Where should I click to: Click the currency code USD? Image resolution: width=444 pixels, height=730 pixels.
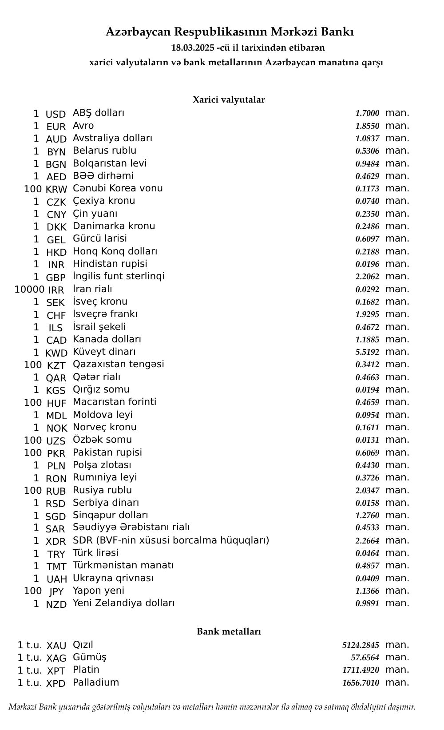click(x=55, y=114)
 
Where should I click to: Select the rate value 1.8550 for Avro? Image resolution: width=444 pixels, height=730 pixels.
click(x=367, y=126)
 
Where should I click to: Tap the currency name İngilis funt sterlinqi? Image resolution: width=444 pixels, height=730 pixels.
click(x=119, y=276)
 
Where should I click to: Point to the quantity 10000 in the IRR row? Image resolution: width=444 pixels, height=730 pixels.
click(x=29, y=290)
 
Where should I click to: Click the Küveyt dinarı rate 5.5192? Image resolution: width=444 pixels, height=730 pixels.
click(x=367, y=352)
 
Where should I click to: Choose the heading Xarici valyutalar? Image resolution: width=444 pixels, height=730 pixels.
click(x=229, y=99)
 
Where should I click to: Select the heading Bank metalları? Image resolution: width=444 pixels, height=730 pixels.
click(x=229, y=631)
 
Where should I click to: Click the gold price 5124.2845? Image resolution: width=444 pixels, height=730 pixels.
click(x=361, y=645)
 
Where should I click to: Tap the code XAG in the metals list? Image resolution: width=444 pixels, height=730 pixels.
click(x=56, y=658)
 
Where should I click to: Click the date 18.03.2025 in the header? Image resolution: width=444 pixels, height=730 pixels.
click(x=193, y=48)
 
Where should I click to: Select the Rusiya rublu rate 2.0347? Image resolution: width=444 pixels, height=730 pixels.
click(x=367, y=491)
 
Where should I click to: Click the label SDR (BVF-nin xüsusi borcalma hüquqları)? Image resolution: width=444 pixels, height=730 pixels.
click(x=171, y=540)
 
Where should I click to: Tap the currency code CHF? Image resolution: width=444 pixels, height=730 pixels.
click(x=56, y=315)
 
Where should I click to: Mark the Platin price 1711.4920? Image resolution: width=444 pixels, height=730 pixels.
click(x=361, y=670)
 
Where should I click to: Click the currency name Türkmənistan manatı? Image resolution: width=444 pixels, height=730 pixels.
click(x=123, y=565)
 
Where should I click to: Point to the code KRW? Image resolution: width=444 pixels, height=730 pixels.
click(x=56, y=189)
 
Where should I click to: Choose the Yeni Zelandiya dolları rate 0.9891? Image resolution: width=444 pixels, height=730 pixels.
click(x=367, y=603)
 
